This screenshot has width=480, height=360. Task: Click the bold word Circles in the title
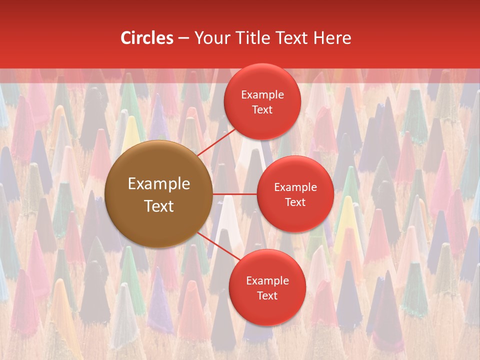tap(146, 38)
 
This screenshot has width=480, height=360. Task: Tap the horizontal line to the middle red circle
tap(234, 193)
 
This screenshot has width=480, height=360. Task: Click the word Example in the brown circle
tap(159, 184)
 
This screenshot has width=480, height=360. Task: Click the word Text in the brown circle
tap(159, 206)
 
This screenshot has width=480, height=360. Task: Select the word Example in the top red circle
tap(262, 94)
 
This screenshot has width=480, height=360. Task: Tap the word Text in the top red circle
tap(262, 109)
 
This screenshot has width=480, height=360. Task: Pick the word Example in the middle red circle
tap(295, 187)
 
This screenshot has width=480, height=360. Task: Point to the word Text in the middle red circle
tap(295, 202)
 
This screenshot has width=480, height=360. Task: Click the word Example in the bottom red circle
tap(267, 280)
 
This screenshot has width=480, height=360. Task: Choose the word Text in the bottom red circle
tap(267, 295)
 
